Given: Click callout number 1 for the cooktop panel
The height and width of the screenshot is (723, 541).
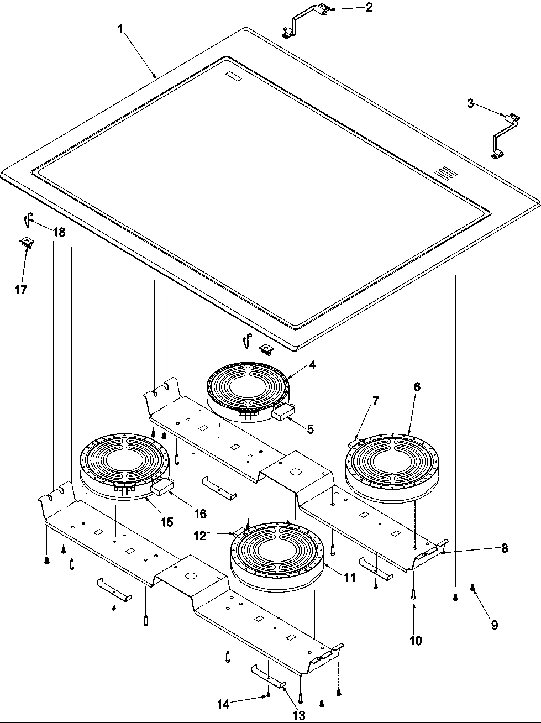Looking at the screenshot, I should pyautogui.click(x=120, y=29).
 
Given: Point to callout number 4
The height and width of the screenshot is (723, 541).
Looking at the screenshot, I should pyautogui.click(x=312, y=364).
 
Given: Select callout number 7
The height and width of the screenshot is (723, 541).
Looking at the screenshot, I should pyautogui.click(x=375, y=401).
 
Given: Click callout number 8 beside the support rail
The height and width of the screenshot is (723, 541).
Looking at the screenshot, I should pyautogui.click(x=505, y=548).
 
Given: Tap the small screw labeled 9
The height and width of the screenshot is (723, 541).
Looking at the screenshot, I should pyautogui.click(x=472, y=588).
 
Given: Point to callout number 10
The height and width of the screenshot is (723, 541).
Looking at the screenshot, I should pyautogui.click(x=416, y=641).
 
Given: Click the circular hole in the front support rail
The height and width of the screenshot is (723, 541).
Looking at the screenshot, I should pyautogui.click(x=191, y=576).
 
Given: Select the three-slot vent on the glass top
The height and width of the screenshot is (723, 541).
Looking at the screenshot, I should pyautogui.click(x=443, y=174).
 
